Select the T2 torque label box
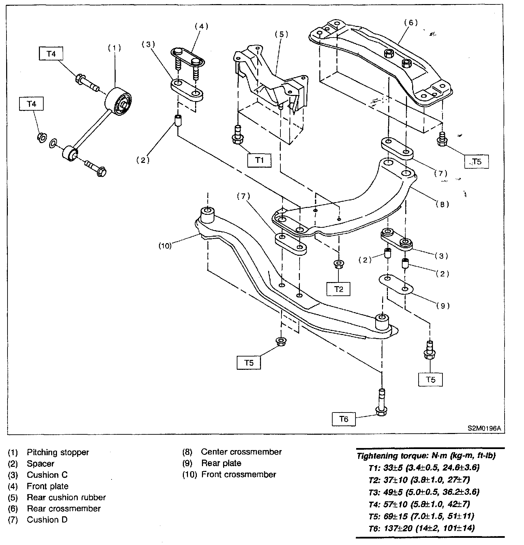pos(338,289)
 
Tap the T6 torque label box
pos(344,419)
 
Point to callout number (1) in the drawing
pos(115,48)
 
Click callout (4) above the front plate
pos(201,26)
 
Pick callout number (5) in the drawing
pos(281,34)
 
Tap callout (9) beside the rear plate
pos(443,306)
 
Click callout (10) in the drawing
pos(165,246)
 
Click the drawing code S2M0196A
pos(482,428)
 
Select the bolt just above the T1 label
pos(237,136)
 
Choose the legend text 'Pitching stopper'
pos(58,452)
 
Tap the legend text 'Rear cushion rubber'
pos(66,498)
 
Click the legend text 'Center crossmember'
pos(241,452)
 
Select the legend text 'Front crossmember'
pos(238,475)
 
